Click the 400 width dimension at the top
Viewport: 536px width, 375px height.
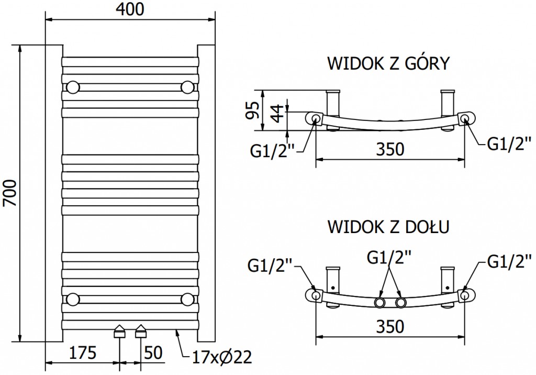click(130, 9)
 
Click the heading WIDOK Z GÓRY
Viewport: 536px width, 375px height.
click(388, 63)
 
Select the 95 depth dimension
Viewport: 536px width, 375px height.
click(253, 111)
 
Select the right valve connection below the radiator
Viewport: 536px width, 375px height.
click(141, 332)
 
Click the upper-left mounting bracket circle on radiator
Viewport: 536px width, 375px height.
click(73, 86)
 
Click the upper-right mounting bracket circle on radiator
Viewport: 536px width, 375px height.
click(187, 86)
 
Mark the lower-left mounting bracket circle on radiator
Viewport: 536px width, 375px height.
click(73, 299)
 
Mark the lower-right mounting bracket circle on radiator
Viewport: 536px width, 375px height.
click(187, 299)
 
